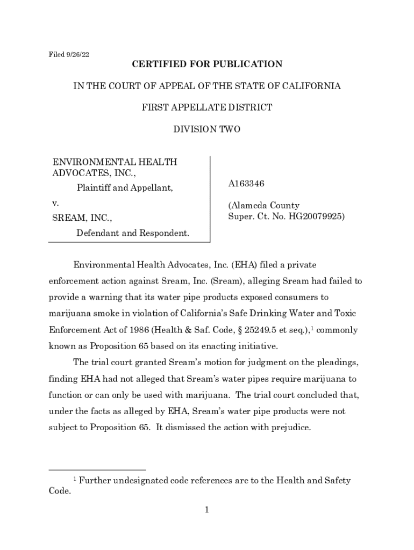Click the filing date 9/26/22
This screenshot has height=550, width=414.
77,54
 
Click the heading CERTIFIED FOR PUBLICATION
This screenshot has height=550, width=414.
207,64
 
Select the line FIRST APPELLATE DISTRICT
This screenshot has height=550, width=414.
207,107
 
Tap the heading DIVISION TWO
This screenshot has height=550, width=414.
207,129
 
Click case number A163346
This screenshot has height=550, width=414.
246,184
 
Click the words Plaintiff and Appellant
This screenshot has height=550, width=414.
125,188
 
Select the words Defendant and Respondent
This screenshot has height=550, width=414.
133,233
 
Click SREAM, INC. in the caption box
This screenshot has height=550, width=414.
82,218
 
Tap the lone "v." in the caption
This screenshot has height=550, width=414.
55,204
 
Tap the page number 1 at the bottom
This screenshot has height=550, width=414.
206,510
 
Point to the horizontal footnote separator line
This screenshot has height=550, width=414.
97,470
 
